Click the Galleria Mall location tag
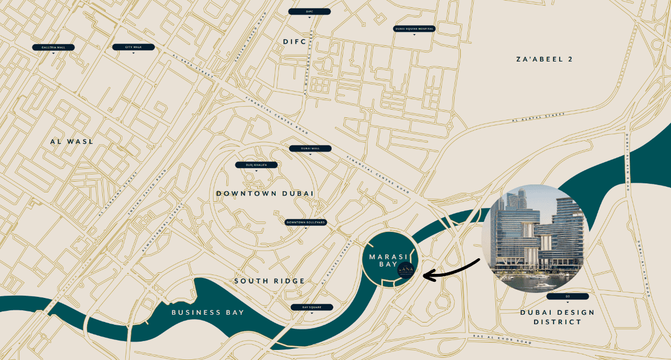(53, 48)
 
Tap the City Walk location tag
(133, 48)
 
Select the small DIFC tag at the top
(309, 11)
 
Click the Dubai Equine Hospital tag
(414, 29)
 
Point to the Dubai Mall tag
(310, 149)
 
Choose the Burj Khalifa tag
(257, 165)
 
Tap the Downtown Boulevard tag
(305, 222)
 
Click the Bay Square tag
(311, 307)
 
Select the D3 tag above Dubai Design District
(568, 296)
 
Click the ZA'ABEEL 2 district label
(544, 59)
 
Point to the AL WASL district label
(72, 142)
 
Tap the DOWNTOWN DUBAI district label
(264, 193)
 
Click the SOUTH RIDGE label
(270, 281)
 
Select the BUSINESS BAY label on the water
(207, 312)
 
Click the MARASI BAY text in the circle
(384, 260)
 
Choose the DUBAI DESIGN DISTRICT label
(557, 317)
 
